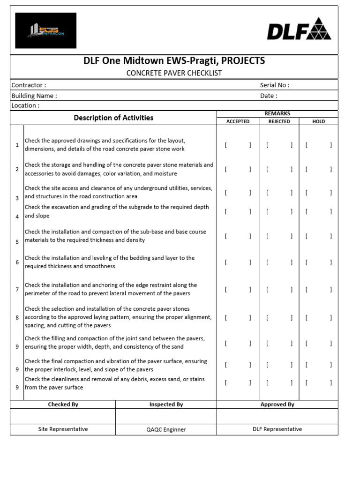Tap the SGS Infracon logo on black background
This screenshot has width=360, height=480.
[45, 30]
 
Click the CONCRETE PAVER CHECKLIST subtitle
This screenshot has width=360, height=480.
[174, 73]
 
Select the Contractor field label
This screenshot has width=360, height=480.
[29, 85]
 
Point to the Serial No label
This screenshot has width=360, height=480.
[275, 85]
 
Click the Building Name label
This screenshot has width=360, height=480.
[34, 96]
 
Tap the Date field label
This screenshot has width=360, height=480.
[269, 96]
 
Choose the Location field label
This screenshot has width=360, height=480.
[25, 105]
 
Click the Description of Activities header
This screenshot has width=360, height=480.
[113, 118]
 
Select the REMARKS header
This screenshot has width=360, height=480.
[277, 113]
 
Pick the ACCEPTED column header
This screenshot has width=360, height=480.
[238, 121]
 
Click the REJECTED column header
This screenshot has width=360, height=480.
[279, 121]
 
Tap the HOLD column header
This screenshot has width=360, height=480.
[318, 121]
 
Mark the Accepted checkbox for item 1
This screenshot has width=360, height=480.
[238, 145]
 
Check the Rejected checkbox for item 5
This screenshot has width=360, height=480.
[279, 236]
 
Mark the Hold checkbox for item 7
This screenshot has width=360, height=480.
[318, 290]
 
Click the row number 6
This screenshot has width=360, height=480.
[17, 262]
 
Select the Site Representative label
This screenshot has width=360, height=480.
[63, 429]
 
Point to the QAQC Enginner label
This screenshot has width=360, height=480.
[166, 429]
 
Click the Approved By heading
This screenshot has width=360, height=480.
[277, 404]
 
